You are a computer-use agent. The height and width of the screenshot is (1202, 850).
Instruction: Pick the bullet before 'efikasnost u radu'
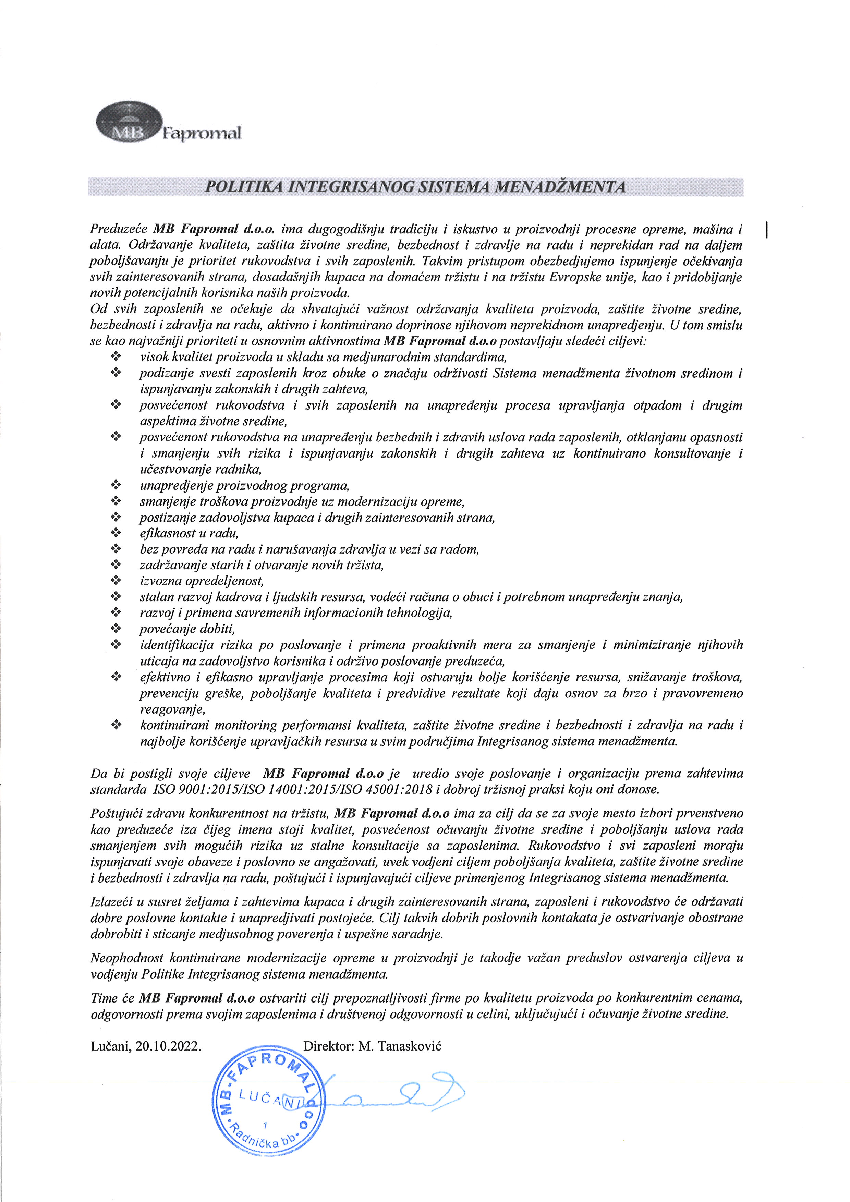click(x=116, y=533)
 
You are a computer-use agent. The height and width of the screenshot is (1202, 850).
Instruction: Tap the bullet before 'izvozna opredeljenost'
click(x=116, y=581)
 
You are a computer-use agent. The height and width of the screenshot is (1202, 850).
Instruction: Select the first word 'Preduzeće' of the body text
click(x=119, y=229)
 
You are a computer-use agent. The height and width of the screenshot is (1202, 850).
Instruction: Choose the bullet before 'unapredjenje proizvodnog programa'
click(x=116, y=486)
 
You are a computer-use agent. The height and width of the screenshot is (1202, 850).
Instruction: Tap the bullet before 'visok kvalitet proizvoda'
click(x=116, y=357)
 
